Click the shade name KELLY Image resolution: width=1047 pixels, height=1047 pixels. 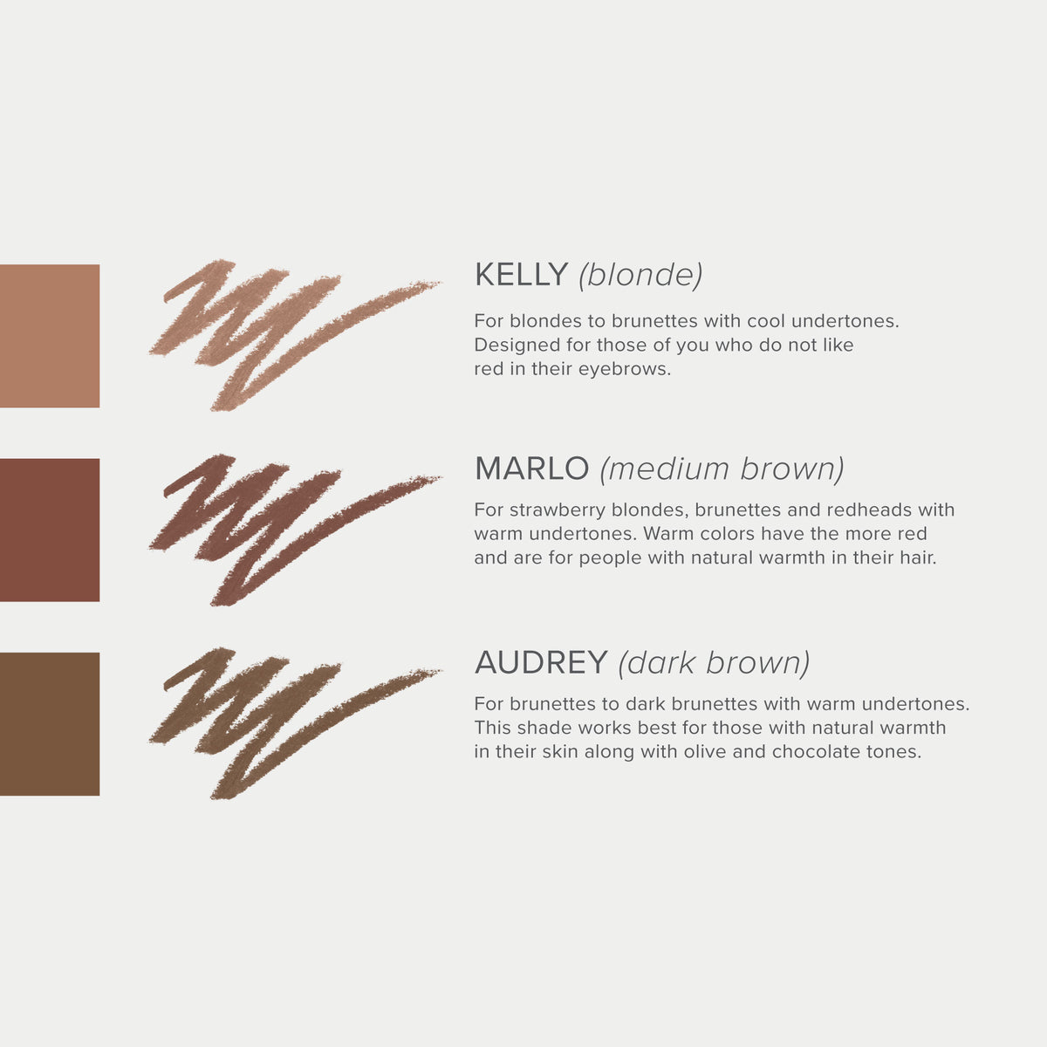(x=521, y=275)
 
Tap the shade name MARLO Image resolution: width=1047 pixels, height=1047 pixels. (x=531, y=469)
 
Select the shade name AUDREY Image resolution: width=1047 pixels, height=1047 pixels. (x=541, y=662)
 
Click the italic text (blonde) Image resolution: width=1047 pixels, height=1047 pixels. (x=640, y=275)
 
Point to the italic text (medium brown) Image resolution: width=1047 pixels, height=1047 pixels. (x=722, y=469)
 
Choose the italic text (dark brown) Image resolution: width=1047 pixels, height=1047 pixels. (x=714, y=662)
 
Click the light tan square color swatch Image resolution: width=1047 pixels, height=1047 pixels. (x=49, y=336)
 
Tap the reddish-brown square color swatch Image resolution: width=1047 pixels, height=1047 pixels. (x=49, y=530)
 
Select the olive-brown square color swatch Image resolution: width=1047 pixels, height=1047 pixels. (x=49, y=723)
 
